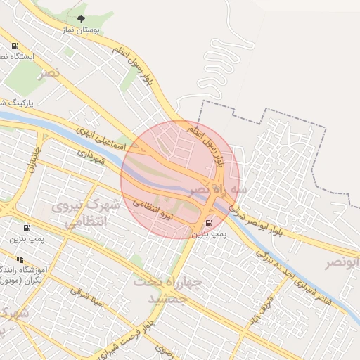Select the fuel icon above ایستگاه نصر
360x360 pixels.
point(15,46)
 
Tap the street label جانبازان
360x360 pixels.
point(34,161)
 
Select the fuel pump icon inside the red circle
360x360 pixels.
point(208,223)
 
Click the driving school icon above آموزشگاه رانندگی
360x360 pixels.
point(20,259)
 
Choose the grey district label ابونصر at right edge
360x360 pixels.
point(343,263)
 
